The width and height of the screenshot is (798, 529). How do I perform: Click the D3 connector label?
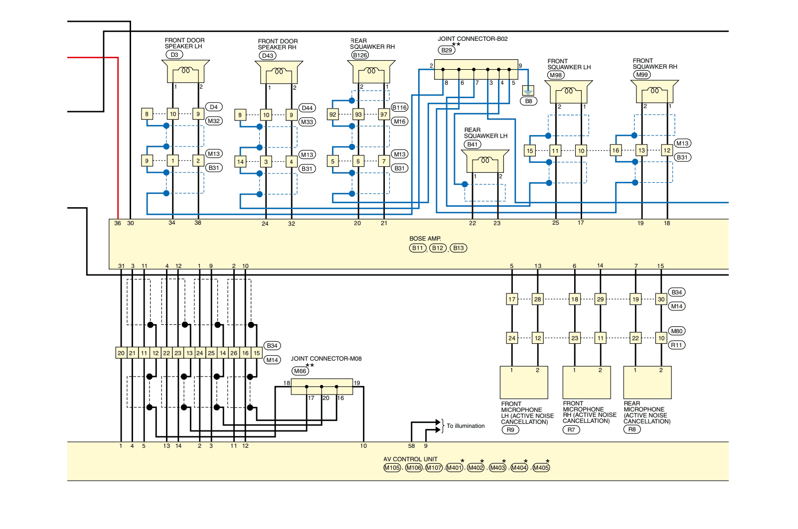pyautogui.click(x=174, y=55)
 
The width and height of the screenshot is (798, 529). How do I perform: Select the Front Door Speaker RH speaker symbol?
pyautogui.click(x=279, y=72)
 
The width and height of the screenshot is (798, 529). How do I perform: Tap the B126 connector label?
pyautogui.click(x=360, y=55)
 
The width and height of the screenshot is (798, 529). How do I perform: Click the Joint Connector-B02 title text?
pyautogui.click(x=473, y=39)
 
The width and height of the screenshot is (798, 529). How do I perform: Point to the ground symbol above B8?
pyautogui.click(x=528, y=91)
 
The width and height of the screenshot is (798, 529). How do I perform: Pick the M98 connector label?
pyautogui.click(x=556, y=75)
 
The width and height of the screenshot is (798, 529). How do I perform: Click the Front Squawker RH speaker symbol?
pyautogui.click(x=655, y=92)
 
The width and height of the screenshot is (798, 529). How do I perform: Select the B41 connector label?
pyautogui.click(x=473, y=144)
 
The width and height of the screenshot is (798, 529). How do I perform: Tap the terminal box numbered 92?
pyautogui.click(x=333, y=115)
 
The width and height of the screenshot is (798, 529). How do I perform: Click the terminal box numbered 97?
pyautogui.click(x=384, y=115)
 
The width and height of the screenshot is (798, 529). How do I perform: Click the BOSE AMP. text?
pyautogui.click(x=425, y=239)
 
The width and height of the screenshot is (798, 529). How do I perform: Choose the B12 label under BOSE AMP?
pyautogui.click(x=438, y=248)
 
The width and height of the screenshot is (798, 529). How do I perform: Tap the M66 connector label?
pyautogui.click(x=300, y=371)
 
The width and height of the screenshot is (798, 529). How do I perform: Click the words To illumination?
pyautogui.click(x=466, y=426)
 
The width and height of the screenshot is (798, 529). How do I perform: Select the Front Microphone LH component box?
pyautogui.click(x=524, y=383)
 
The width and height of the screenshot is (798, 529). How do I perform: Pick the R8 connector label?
pyautogui.click(x=632, y=429)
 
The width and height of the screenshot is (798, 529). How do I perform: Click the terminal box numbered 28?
pyautogui.click(x=538, y=299)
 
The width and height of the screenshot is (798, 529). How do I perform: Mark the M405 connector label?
pyautogui.click(x=541, y=468)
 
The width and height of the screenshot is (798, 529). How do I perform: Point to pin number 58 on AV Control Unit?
pyautogui.click(x=412, y=446)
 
